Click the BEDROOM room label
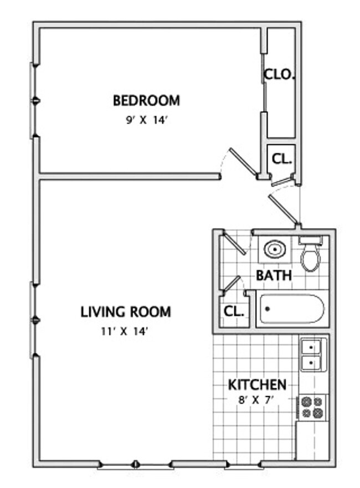[x=146, y=101]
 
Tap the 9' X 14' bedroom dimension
[x=146, y=120]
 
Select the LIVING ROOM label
[x=126, y=312]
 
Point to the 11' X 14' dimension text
[x=126, y=332]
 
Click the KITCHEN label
[x=258, y=384]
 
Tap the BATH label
[x=274, y=275]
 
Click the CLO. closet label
[x=279, y=74]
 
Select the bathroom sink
[x=274, y=250]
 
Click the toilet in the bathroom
[x=311, y=255]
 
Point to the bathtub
[x=292, y=310]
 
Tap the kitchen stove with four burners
[x=312, y=408]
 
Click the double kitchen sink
[x=313, y=355]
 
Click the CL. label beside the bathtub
[x=234, y=311]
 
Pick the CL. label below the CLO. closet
[x=281, y=159]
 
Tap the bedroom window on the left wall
[x=34, y=100]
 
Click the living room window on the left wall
[x=34, y=320]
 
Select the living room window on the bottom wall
[x=136, y=464]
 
